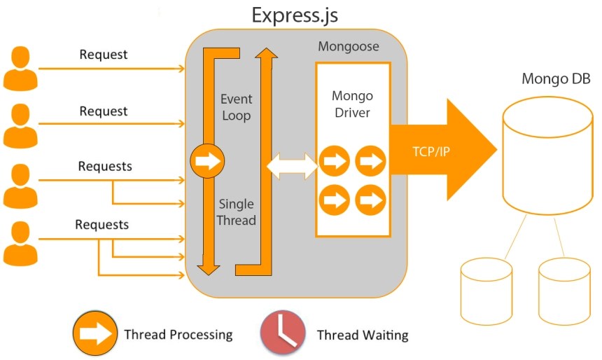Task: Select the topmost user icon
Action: point(19,69)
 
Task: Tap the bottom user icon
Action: point(19,243)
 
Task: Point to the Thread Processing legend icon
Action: point(95,333)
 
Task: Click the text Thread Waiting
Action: point(362,335)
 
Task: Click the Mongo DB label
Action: point(556,78)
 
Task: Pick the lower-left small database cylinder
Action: point(486,286)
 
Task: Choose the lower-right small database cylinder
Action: point(564,286)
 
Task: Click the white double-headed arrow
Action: point(293,165)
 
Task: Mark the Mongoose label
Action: point(349,47)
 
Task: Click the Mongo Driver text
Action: point(352,104)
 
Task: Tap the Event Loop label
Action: point(236,107)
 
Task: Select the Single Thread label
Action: point(237,212)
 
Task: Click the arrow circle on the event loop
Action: point(208,162)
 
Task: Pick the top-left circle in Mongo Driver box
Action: point(335,162)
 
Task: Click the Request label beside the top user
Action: point(104,55)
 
